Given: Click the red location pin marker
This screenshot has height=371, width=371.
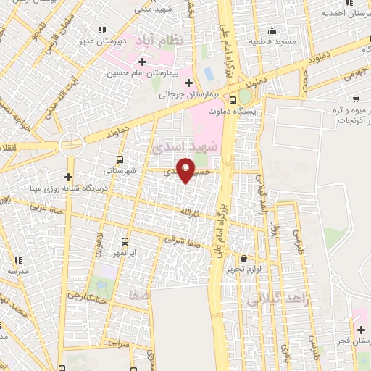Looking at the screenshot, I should [186, 170].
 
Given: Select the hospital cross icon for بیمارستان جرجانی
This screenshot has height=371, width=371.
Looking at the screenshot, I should [188, 83].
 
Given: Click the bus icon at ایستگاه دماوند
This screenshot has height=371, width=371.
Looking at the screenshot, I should [233, 101].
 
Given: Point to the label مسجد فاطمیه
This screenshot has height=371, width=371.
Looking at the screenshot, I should [274, 41].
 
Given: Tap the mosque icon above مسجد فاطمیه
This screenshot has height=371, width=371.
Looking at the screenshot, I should [272, 30].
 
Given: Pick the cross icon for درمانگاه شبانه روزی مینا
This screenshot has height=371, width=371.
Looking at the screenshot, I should [68, 177].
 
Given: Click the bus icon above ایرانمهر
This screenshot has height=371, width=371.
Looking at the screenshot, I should [125, 241].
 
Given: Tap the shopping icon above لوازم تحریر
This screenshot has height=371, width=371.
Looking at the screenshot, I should [243, 258].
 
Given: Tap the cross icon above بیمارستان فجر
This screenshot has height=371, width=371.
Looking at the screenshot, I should [361, 330].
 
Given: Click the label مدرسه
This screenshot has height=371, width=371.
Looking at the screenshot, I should [19, 270].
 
